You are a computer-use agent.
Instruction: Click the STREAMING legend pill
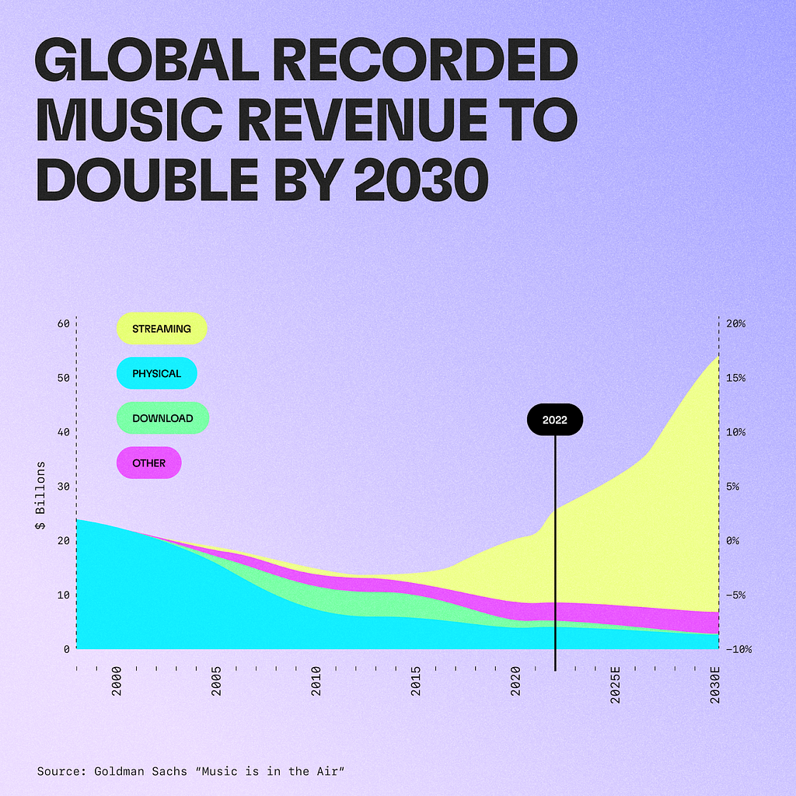pyautogui.click(x=162, y=329)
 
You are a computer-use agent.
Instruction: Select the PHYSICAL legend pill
pyautogui.click(x=156, y=374)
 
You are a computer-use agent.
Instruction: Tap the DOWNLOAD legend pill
pyautogui.click(x=162, y=418)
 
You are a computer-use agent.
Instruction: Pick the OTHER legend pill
pyautogui.click(x=148, y=463)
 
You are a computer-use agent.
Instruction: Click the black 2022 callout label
pyautogui.click(x=555, y=420)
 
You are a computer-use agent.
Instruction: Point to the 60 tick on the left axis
pyautogui.click(x=62, y=324)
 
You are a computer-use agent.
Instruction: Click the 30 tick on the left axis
pyautogui.click(x=62, y=487)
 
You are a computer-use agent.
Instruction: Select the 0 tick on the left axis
pyautogui.click(x=66, y=649)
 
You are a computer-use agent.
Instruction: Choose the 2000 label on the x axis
pyautogui.click(x=117, y=680)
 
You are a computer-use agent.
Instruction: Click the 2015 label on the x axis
pyautogui.click(x=417, y=680)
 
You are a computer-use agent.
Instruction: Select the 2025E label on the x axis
pyautogui.click(x=616, y=684)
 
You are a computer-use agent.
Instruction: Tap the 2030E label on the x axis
pyautogui.click(x=716, y=684)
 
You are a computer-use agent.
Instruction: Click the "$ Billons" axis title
pyautogui.click(x=41, y=496)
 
